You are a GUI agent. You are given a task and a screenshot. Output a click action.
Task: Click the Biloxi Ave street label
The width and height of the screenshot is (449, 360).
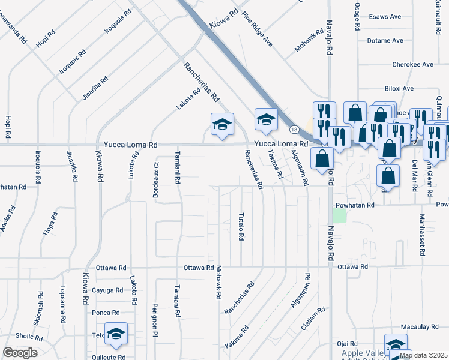[x=399, y=88]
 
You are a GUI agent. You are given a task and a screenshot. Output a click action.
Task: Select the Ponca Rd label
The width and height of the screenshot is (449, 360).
[x=106, y=313]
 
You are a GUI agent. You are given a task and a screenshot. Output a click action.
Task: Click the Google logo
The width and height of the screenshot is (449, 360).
[x=20, y=353]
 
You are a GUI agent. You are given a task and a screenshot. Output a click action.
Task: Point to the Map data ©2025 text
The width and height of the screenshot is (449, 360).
[x=423, y=355]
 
